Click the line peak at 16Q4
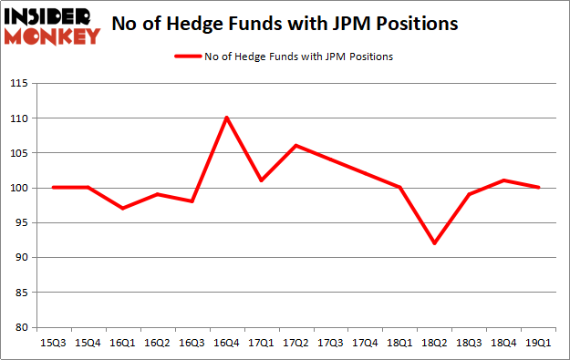tap(226, 118)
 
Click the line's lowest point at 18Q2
tap(435, 243)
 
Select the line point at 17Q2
tap(296, 146)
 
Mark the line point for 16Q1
tap(122, 208)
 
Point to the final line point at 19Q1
tap(539, 188)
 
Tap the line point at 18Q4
tap(504, 180)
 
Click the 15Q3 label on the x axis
tap(53, 344)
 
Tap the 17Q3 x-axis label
tap(331, 344)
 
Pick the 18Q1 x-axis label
tap(400, 344)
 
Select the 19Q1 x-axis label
tap(539, 344)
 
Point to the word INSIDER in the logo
tap(51, 16)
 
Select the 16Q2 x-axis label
tap(157, 344)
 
